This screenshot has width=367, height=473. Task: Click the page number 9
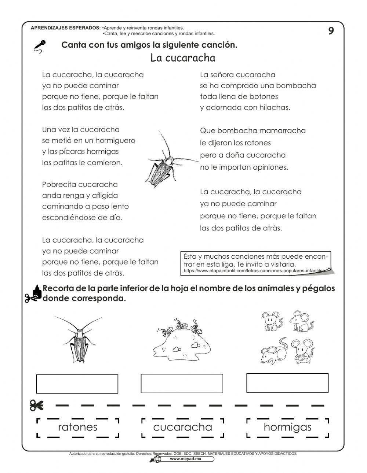point(331,31)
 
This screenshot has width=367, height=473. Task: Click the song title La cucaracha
point(183,58)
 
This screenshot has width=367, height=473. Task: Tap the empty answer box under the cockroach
point(77,384)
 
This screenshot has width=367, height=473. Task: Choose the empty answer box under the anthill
point(182,383)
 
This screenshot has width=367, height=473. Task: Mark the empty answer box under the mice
point(287,383)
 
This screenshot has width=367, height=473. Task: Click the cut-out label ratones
point(78,427)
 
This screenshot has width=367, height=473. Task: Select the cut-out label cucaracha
point(182,427)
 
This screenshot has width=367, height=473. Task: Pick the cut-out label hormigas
point(287,427)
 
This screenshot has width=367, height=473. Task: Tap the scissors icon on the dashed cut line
point(37,406)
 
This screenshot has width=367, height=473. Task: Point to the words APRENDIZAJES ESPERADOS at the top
point(66,28)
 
